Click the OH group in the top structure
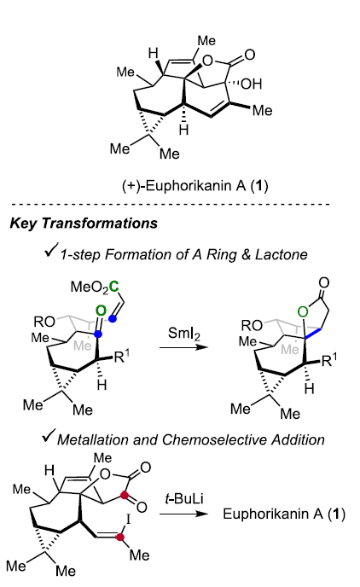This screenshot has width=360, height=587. pos(252,84)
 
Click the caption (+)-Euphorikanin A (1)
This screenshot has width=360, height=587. pos(195,186)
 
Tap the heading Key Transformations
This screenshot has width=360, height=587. pos(84,224)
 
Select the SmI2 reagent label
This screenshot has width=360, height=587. pos(183,333)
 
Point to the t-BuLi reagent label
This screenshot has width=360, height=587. pos(184,499)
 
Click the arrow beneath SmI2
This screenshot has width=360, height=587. pos(183,347)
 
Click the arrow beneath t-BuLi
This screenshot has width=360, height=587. pos(183,514)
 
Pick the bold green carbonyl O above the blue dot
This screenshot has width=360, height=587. pos(101,311)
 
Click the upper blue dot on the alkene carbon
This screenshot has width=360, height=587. pos(113,318)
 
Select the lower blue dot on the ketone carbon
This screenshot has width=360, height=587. pos(98,334)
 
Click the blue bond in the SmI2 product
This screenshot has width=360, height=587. pos(313,334)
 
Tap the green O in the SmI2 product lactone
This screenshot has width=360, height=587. pos(303,311)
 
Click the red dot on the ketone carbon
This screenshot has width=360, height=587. pos(125,495)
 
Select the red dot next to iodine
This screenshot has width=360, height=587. pos(119,537)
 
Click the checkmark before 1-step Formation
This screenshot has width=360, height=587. pos(51,250)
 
